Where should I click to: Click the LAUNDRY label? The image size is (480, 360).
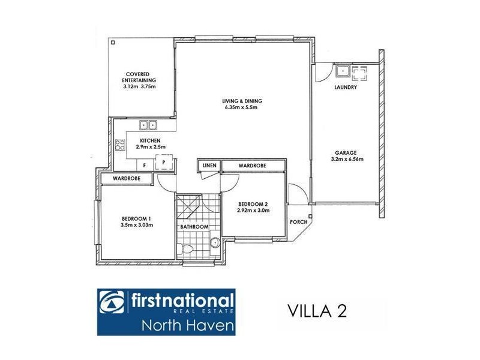pyautogui.click(x=345, y=87)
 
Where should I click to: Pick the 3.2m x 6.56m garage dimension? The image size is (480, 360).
pyautogui.click(x=347, y=160)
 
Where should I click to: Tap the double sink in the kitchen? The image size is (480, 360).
pyautogui.click(x=148, y=125)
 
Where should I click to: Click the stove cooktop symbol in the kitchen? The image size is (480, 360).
pyautogui.click(x=119, y=145)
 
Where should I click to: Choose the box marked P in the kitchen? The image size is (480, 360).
pyautogui.click(x=163, y=163)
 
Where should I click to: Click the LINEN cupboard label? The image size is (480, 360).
pyautogui.click(x=209, y=165)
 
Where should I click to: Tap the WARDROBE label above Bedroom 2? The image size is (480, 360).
pyautogui.click(x=252, y=165)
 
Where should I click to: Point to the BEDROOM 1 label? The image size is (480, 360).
pyautogui.click(x=137, y=218)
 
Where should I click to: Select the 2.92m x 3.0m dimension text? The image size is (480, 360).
pyautogui.click(x=253, y=211)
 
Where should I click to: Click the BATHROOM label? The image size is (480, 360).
pyautogui.click(x=194, y=227)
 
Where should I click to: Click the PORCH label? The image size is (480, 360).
pyautogui.click(x=298, y=222)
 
